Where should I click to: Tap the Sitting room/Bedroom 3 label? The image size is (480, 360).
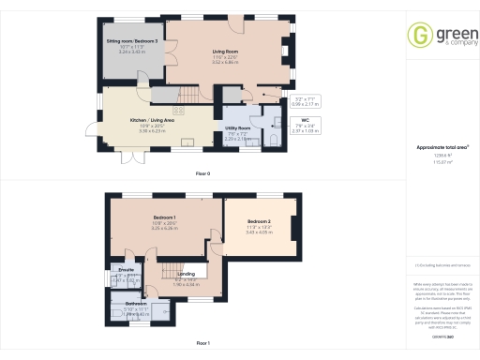tap(129, 42)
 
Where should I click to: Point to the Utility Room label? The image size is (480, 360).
tap(238, 127)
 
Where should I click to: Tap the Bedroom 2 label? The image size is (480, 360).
tap(260, 220)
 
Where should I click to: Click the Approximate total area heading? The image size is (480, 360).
tap(442, 148)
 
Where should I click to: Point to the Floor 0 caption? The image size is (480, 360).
tap(202, 174)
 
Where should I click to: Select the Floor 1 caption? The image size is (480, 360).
tap(202, 344)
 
